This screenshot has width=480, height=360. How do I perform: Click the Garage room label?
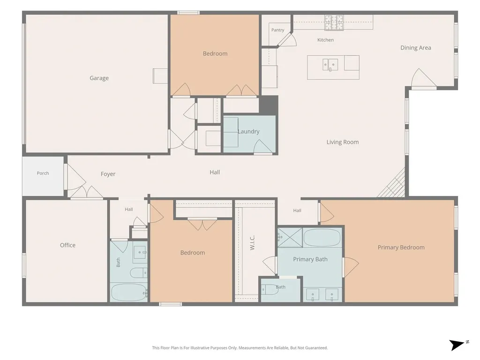[x=99, y=78]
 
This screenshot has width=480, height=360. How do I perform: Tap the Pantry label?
[x=277, y=30]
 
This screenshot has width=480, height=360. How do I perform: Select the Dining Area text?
[x=415, y=48]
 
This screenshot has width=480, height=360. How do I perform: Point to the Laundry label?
[x=248, y=131]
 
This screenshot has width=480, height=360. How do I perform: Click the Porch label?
[x=43, y=173]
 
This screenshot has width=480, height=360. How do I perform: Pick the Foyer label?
[x=108, y=174]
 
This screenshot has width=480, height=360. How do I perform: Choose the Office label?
[x=67, y=245]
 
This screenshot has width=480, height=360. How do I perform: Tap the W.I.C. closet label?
[x=252, y=243]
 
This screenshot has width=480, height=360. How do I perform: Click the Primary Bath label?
[x=310, y=259]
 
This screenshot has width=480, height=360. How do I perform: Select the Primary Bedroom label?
[x=401, y=247]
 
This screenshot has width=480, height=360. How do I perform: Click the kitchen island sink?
[x=330, y=65]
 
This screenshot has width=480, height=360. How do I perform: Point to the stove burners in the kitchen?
[x=334, y=22]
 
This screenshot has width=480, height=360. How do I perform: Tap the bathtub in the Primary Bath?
[x=322, y=238]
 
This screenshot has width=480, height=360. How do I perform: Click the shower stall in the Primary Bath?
[x=290, y=238]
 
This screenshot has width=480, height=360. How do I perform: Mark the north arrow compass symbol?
[x=458, y=345]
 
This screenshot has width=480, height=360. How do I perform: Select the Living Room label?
[x=342, y=142]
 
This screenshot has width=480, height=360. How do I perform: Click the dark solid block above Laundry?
[x=269, y=105]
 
